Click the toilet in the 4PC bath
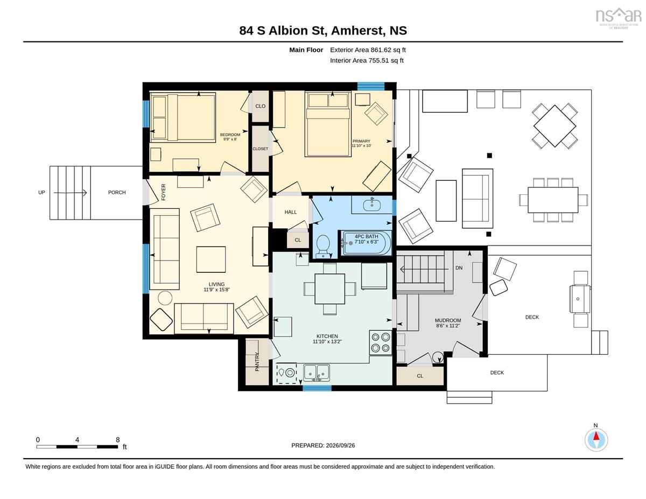click(x=322, y=245)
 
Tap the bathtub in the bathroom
click(x=366, y=242)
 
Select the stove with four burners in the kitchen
click(x=381, y=342)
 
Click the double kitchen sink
click(x=317, y=373)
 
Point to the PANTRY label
click(x=257, y=361)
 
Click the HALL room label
click(x=291, y=212)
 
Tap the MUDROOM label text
click(x=448, y=320)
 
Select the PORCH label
click(x=117, y=192)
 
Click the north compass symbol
click(x=596, y=440)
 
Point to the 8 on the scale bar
click(x=118, y=440)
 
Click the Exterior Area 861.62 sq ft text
click(x=368, y=50)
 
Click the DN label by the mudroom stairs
click(x=459, y=268)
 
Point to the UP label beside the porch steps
click(x=41, y=192)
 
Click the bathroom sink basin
click(x=372, y=204)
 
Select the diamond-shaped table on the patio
click(x=554, y=126)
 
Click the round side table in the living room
click(x=165, y=298)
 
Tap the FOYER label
click(x=163, y=192)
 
